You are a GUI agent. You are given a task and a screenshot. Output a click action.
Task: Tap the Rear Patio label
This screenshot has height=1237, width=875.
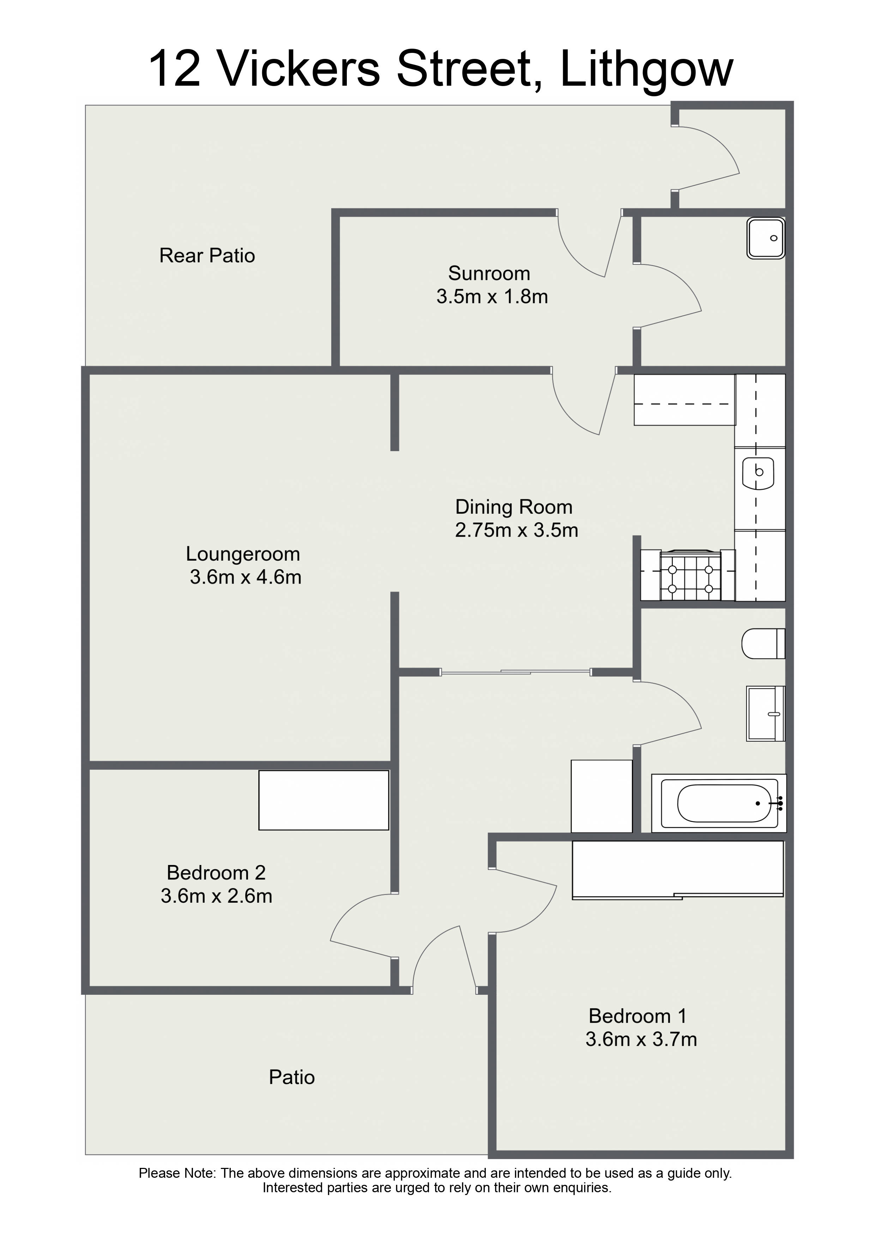[x=207, y=255]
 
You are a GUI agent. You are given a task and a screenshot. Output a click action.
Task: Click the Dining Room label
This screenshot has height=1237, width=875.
[x=513, y=507]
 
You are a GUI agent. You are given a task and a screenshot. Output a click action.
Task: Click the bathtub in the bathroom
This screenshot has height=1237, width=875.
[x=719, y=803]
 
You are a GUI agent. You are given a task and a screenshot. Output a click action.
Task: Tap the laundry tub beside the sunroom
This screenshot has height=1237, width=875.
[x=766, y=238]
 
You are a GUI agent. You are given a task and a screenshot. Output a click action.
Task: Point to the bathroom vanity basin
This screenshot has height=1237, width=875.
[x=766, y=713]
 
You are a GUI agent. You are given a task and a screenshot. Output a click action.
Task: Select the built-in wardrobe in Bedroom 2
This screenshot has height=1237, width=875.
[x=324, y=800]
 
